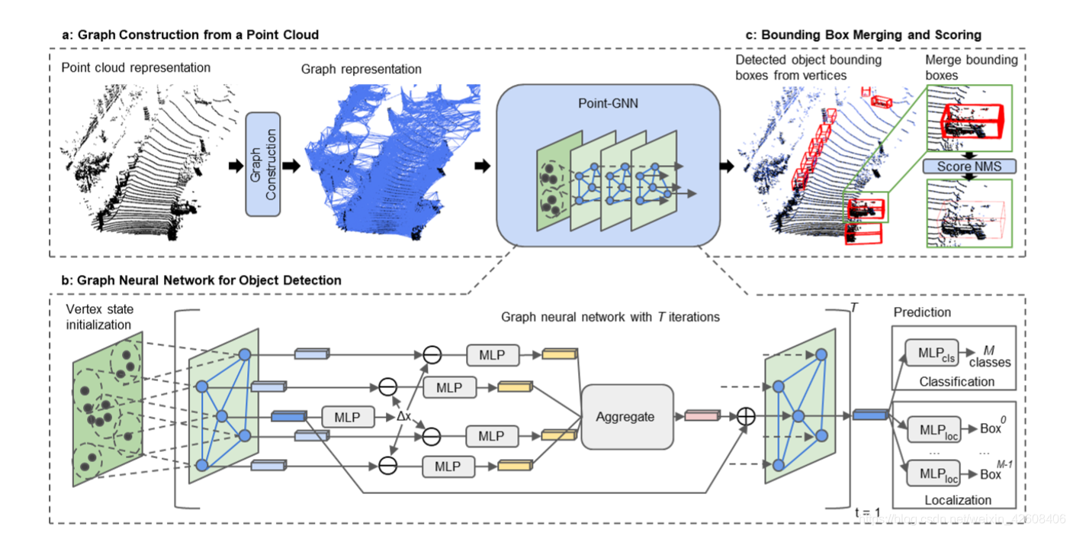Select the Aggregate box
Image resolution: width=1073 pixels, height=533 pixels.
point(625,416)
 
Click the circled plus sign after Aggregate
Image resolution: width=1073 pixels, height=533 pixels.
point(744,416)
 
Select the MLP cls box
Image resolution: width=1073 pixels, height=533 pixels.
point(931,353)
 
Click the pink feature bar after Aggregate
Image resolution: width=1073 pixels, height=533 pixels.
point(702,416)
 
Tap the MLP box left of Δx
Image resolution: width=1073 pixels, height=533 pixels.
point(349,417)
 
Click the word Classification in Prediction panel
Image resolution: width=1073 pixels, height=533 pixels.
point(956,381)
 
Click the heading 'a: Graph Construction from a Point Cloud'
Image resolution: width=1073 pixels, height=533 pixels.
point(190,34)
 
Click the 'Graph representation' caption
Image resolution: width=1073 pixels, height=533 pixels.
point(361,69)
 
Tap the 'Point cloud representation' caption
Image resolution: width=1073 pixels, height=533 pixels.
point(136,67)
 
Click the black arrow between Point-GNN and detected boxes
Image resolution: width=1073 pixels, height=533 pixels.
point(725,164)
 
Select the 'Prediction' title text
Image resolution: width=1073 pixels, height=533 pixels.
point(922,312)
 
